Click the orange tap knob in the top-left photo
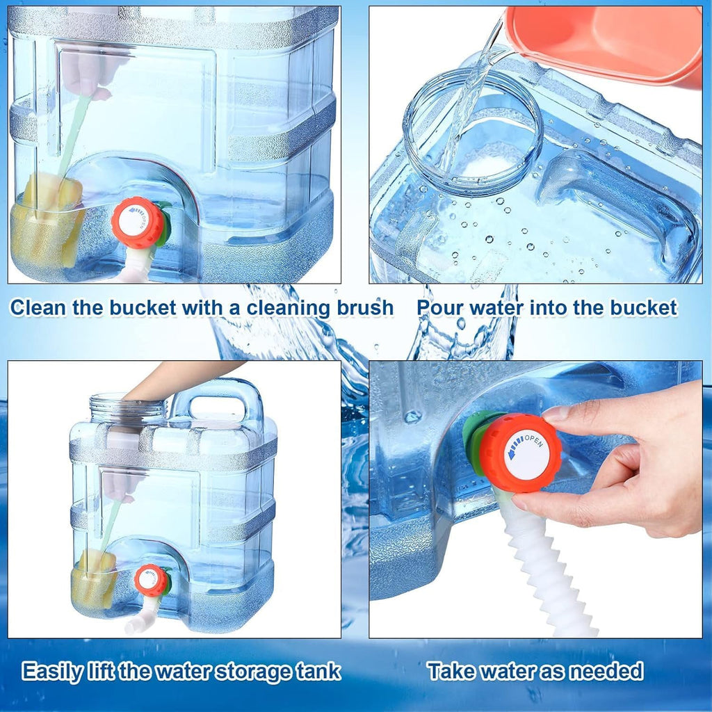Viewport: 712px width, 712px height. click(138, 222)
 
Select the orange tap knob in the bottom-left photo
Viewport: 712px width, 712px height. click(150, 579)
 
